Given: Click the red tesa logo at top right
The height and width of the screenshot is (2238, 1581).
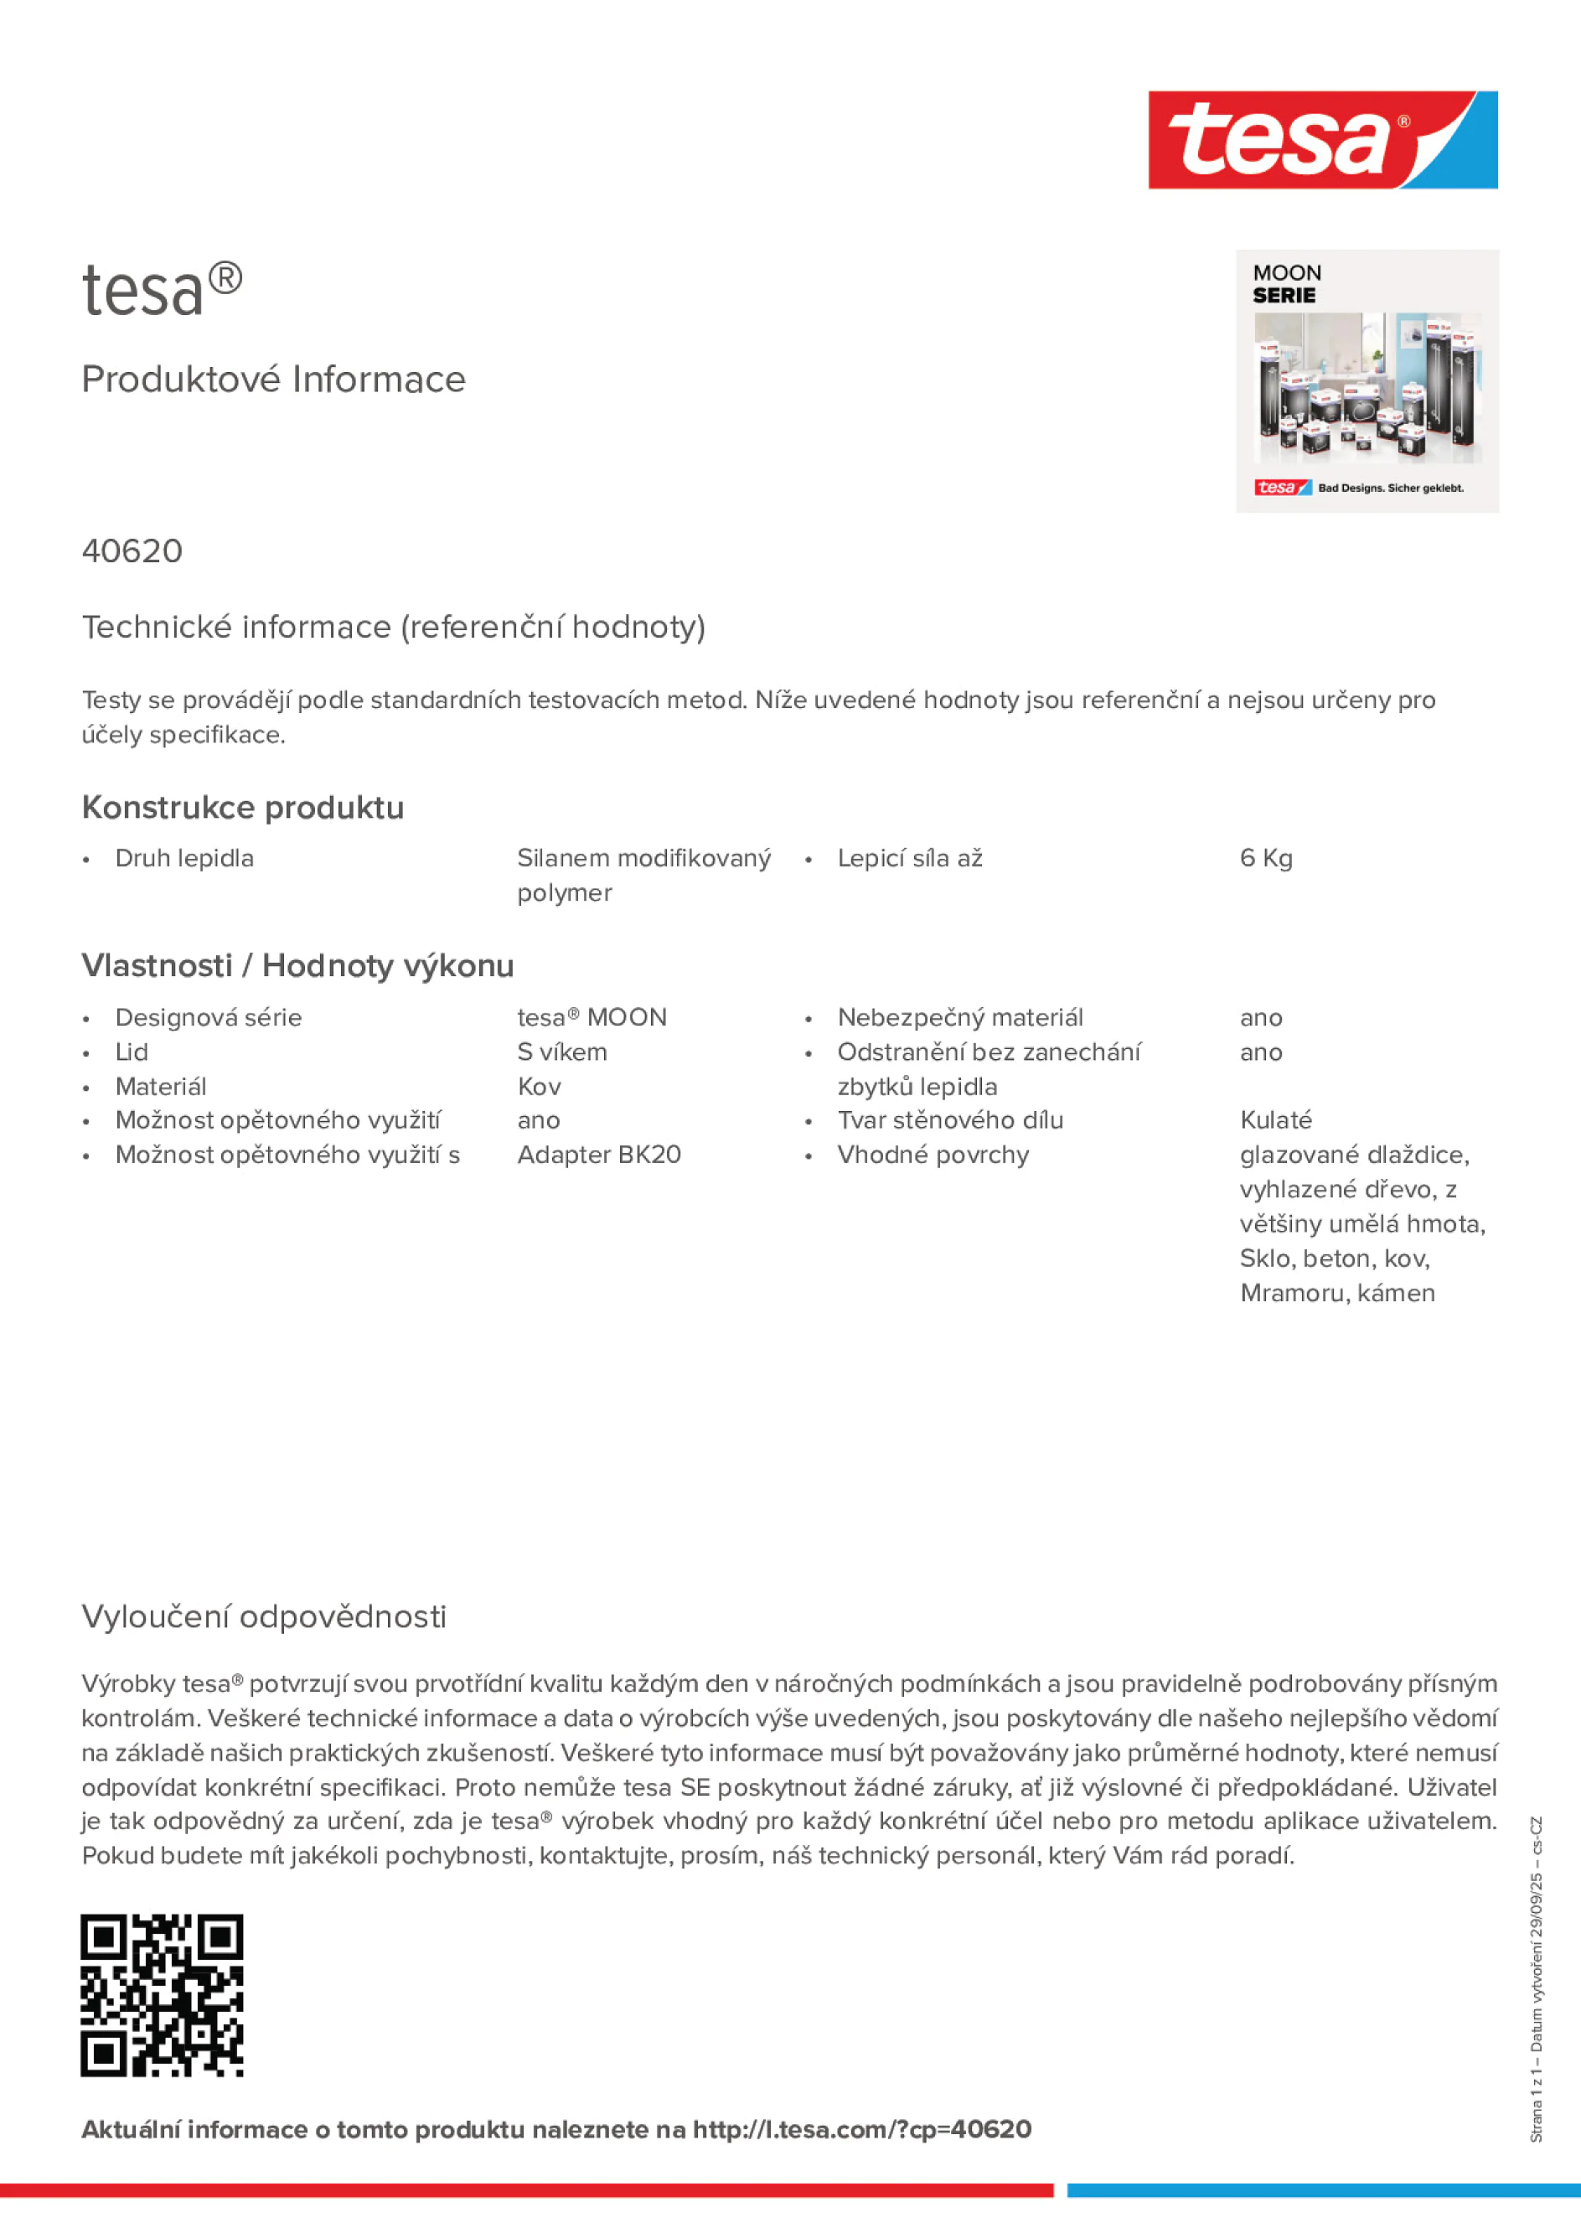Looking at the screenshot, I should pos(1322,141).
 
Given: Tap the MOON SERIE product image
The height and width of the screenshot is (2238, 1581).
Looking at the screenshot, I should pos(1367,381).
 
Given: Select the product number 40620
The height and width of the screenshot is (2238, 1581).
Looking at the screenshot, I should pos(132,551).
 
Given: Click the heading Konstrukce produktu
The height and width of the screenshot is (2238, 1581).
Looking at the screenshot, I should pos(243,808).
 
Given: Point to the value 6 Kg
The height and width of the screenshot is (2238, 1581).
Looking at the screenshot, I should pos(1265,859).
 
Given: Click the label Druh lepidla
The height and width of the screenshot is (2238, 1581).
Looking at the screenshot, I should pos(184,859).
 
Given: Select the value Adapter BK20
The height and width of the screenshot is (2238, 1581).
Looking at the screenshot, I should pos(598,1155).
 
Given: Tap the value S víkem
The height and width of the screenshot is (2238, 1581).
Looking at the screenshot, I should pos(561,1052).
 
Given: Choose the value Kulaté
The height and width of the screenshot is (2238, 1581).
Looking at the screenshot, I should pos(1275,1121).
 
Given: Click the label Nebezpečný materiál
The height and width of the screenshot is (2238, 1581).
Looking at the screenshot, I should pos(959,1018).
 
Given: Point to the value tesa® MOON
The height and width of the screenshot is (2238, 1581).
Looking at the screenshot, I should pos(592,1018).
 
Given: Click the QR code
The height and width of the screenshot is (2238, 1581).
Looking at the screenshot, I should pos(162,1995).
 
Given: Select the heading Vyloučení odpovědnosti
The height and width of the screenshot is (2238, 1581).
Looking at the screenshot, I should pos(263,1617).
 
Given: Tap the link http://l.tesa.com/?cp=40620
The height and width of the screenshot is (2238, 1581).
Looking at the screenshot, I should pos(861,2130).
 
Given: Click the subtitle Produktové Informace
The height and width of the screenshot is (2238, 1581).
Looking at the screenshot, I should pos(273,380).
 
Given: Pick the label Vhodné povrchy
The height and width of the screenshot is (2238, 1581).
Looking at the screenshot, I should pos(932,1155).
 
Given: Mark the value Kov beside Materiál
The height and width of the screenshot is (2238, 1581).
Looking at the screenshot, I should pos(539,1087).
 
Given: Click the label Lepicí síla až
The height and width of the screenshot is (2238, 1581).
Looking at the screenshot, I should pos(909,859).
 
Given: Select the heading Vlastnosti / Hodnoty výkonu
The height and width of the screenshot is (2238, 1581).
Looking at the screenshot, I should pos(297,966).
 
